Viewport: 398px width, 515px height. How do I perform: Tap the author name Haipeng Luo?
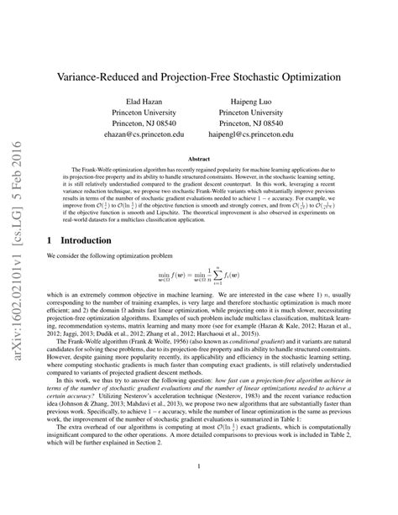click(262, 97)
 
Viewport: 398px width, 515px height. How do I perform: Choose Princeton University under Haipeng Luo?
click(262, 108)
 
